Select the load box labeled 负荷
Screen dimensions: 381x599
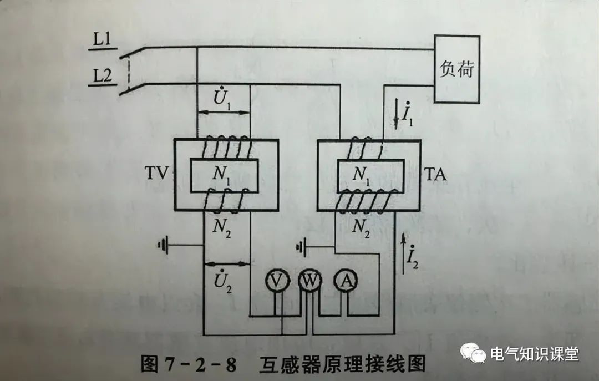457,69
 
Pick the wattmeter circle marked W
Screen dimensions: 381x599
309,282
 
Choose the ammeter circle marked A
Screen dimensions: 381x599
346,282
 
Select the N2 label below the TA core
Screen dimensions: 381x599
362,227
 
